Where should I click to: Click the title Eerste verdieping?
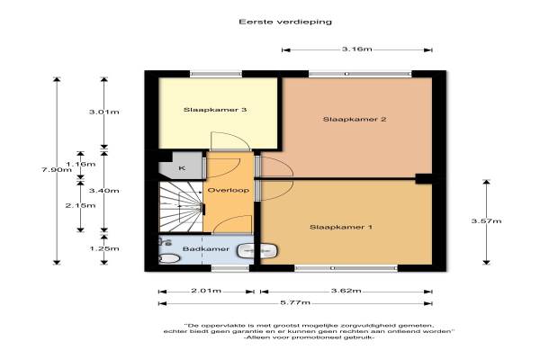tap(285, 22)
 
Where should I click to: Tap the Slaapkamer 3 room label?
tap(215, 110)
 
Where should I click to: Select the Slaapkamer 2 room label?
tap(355, 119)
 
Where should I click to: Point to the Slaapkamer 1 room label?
tap(340, 227)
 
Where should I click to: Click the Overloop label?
tap(229, 190)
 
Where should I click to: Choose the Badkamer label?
tap(205, 248)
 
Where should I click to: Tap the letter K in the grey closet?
tap(182, 168)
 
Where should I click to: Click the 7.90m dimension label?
tap(57, 169)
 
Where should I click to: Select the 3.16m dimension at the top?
tap(356, 49)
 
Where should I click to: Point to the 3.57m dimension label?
tap(486, 220)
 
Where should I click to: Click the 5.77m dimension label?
tap(295, 302)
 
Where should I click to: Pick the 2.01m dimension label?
tap(206, 291)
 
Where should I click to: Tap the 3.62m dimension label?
tap(346, 291)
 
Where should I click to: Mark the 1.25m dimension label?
tap(104, 248)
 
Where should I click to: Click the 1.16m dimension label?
tap(81, 164)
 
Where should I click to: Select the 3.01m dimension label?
tap(104, 112)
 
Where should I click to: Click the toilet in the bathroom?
tap(169, 258)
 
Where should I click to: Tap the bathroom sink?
tap(256, 251)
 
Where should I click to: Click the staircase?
tap(181, 207)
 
